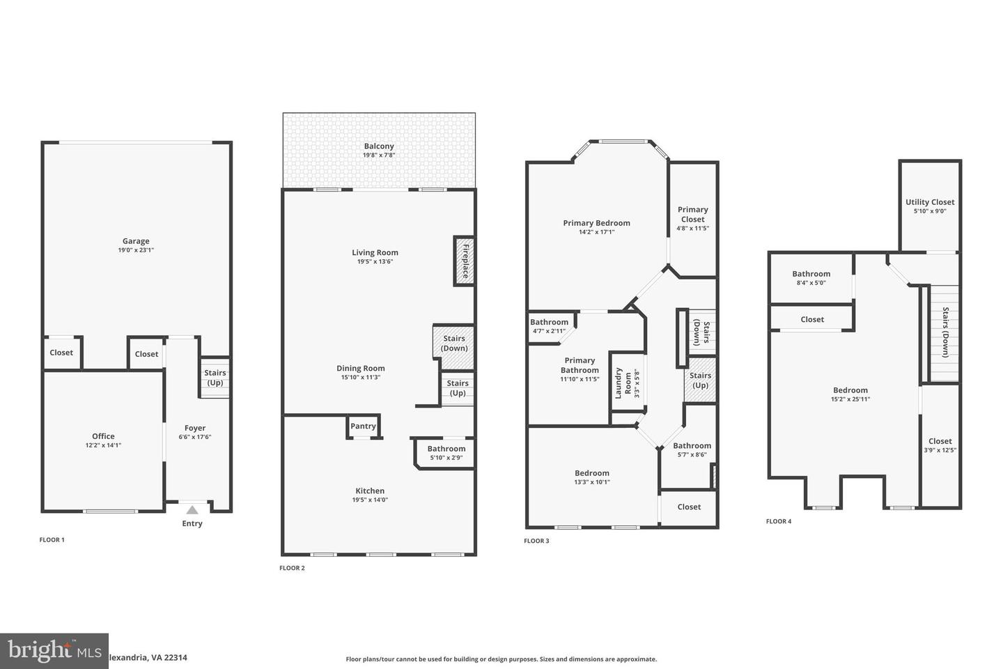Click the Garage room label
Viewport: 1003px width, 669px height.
click(136, 241)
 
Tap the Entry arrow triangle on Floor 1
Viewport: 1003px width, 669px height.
click(192, 510)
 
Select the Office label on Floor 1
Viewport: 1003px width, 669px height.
click(103, 436)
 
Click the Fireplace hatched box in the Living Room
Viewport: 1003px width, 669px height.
click(465, 261)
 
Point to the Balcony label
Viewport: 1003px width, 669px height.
click(379, 146)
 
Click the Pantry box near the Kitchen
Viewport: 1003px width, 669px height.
click(363, 426)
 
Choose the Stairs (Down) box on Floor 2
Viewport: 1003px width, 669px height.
click(454, 344)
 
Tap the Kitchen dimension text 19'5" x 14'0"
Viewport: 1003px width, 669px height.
click(370, 500)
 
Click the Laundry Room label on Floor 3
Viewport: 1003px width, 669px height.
click(623, 383)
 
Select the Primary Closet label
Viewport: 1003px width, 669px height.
click(692, 214)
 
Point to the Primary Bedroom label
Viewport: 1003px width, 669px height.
click(596, 223)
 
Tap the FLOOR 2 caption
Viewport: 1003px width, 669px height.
click(292, 568)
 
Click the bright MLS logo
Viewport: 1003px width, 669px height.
click(54, 651)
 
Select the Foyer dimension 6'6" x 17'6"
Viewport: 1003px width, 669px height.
click(195, 437)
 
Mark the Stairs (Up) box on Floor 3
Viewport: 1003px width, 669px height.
click(700, 380)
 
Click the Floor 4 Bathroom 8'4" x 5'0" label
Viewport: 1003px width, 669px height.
click(811, 274)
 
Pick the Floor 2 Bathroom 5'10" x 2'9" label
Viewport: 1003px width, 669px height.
click(446, 449)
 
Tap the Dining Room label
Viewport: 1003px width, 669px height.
click(360, 368)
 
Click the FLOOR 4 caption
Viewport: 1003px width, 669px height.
click(779, 521)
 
